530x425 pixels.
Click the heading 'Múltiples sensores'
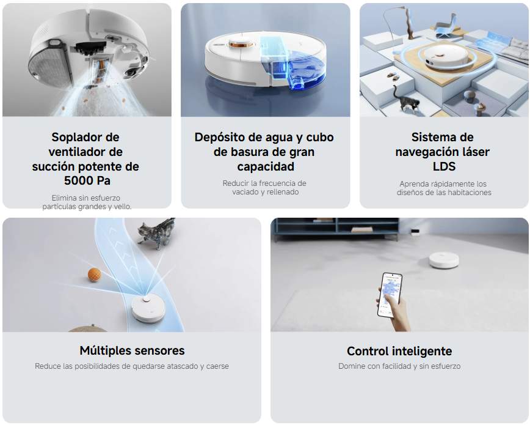point(132,350)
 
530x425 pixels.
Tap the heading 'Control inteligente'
point(399,351)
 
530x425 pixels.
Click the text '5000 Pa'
point(85,181)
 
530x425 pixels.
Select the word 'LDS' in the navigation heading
point(442,166)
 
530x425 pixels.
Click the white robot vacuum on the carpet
point(444,259)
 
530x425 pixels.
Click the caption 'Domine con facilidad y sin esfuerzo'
point(399,366)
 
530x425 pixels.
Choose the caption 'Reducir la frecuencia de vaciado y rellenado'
point(265,188)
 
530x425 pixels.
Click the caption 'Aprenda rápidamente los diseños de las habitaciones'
point(443,188)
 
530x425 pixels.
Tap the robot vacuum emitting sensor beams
point(148,306)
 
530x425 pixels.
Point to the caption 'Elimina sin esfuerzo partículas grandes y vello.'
point(86,202)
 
